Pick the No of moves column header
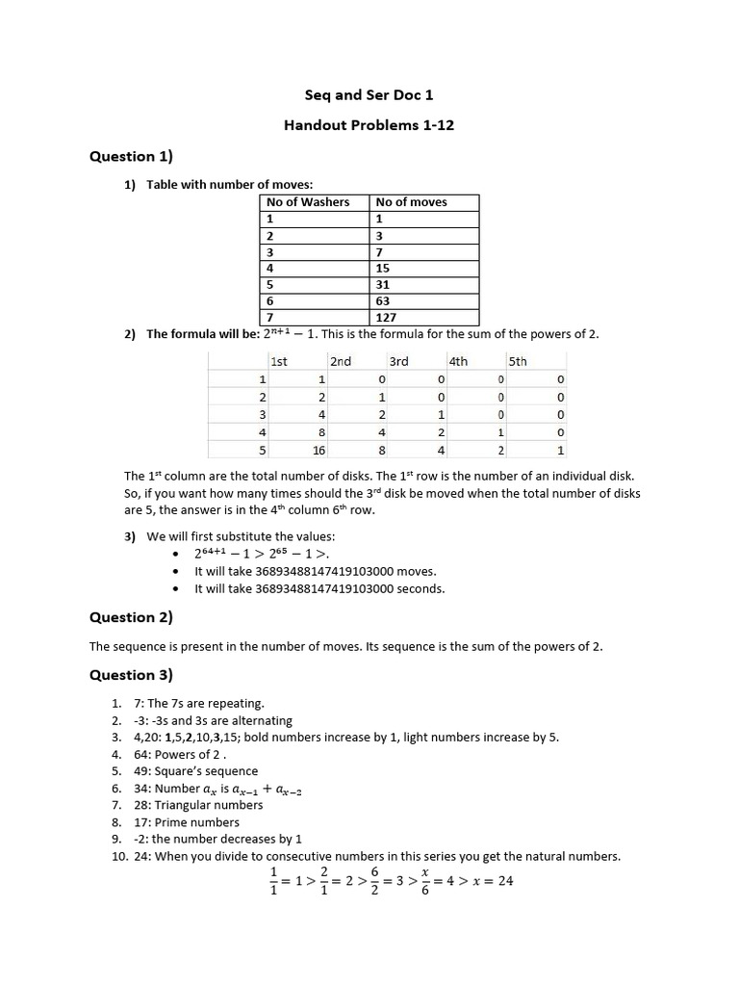412,202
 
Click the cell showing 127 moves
387,317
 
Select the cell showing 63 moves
384,300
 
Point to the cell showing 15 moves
384,268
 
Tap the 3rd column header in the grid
398,361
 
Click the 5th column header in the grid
518,361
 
